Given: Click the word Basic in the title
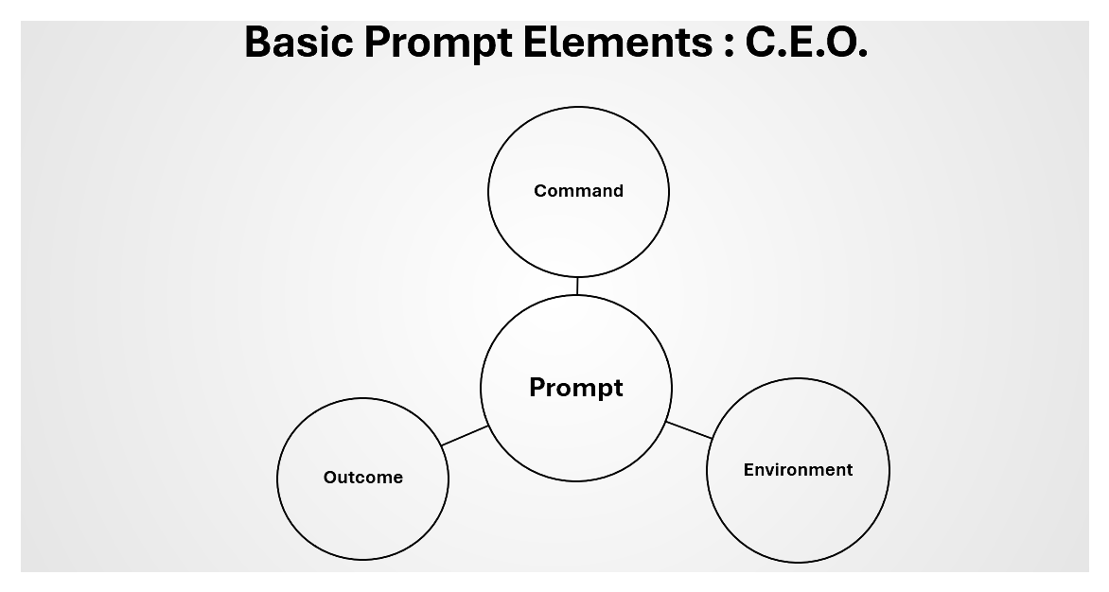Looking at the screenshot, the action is click(298, 42).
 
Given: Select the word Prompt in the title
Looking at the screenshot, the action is click(438, 44).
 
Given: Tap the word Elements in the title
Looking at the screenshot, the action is click(618, 42).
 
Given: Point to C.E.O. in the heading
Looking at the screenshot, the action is click(807, 42).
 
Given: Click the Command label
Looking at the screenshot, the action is click(578, 191).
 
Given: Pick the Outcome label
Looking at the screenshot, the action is click(362, 478).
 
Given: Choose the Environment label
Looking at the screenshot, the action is click(798, 470).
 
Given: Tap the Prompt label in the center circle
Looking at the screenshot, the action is click(575, 388).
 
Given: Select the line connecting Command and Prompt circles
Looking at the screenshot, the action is click(577, 286).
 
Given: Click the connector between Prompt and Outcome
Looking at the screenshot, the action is click(465, 436).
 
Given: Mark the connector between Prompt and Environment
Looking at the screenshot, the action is click(689, 430).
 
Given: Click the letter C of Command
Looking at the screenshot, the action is click(540, 191).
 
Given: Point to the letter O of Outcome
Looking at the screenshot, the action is click(330, 478).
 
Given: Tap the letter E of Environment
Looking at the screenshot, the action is click(748, 470).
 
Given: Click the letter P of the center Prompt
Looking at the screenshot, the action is click(537, 387).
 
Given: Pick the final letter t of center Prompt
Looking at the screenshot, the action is click(618, 388).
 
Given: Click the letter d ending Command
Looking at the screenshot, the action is click(618, 191).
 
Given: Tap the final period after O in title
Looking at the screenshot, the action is click(862, 54).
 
